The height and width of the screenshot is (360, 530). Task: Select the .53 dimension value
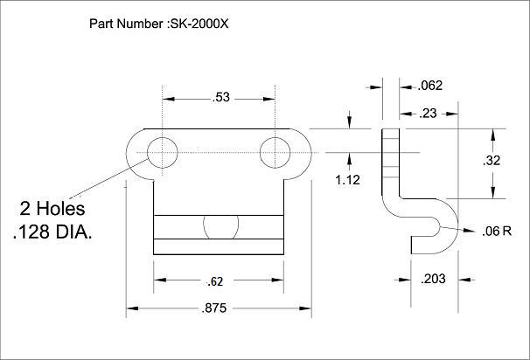(220, 98)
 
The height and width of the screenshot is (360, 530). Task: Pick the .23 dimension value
(429, 112)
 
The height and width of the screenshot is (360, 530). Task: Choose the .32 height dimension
(492, 161)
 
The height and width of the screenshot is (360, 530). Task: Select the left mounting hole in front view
(162, 152)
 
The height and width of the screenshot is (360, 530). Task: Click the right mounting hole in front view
(276, 152)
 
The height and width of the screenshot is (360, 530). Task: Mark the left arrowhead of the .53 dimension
(168, 98)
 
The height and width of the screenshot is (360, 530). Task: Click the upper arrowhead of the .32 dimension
(492, 133)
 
